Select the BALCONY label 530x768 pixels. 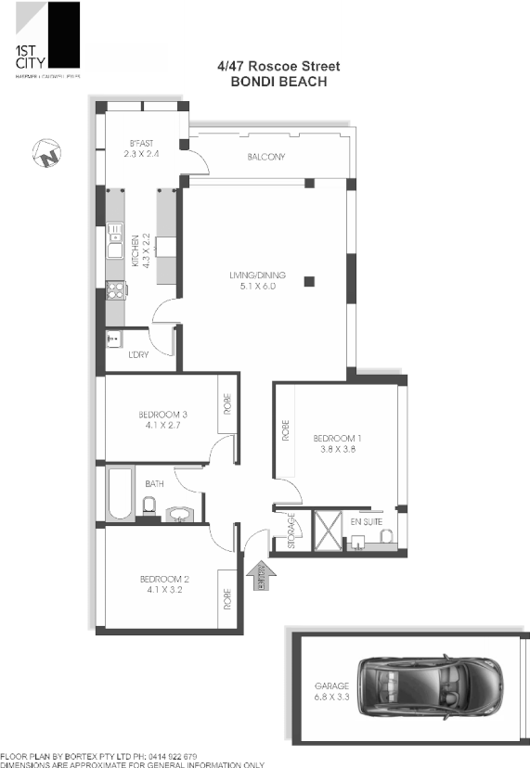266,157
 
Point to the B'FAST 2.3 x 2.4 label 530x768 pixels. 142,148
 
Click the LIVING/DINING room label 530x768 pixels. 258,280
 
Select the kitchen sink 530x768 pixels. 115,243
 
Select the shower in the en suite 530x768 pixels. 328,530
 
